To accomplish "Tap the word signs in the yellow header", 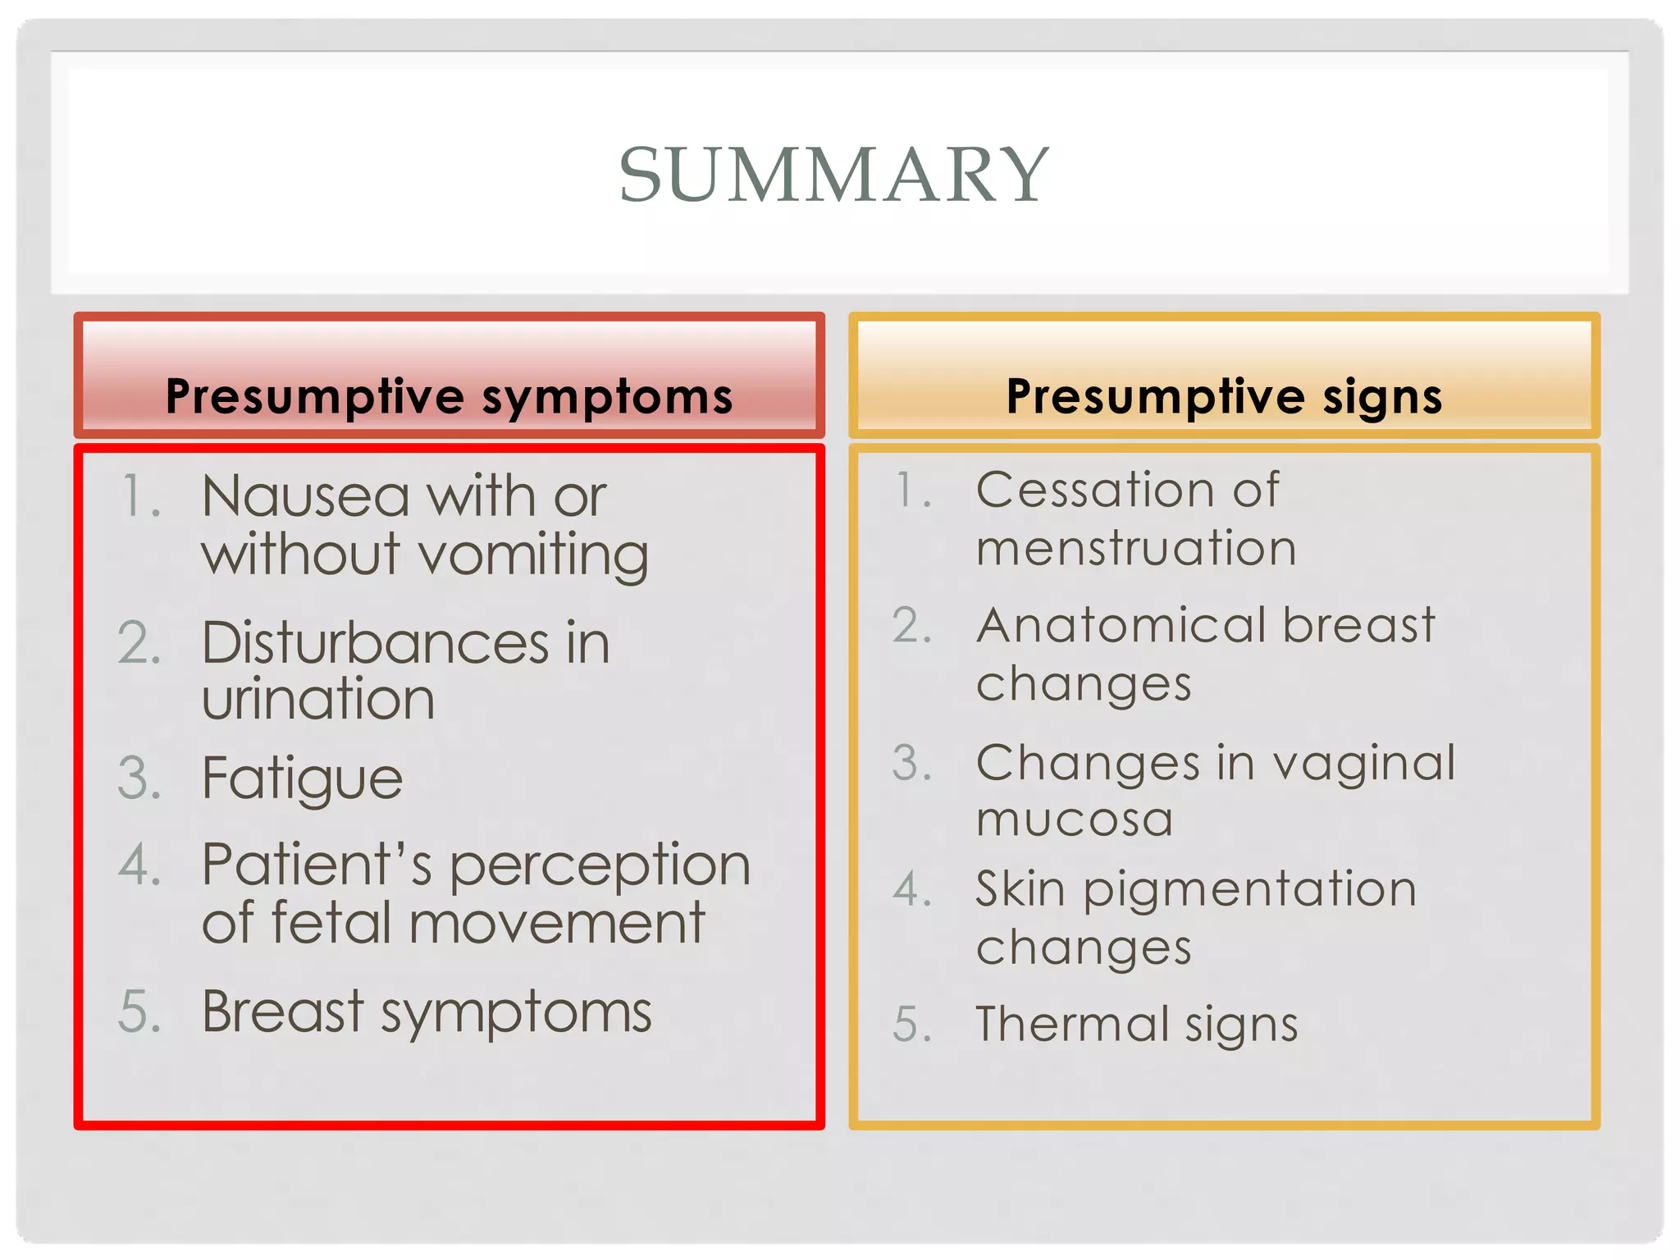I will point(1381,398).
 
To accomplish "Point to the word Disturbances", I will point(375,643).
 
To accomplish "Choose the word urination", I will point(318,700).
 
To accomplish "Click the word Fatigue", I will point(302,778).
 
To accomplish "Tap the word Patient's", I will point(317,865).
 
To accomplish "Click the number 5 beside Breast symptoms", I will point(139,1012).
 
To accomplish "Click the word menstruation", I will point(1136,548).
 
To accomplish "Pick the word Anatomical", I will point(1121,626).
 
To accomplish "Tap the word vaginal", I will point(1363,764).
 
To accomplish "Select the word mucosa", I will point(1075,819).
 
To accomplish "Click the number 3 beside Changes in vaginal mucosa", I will point(911,764).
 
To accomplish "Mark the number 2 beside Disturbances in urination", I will point(139,643).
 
